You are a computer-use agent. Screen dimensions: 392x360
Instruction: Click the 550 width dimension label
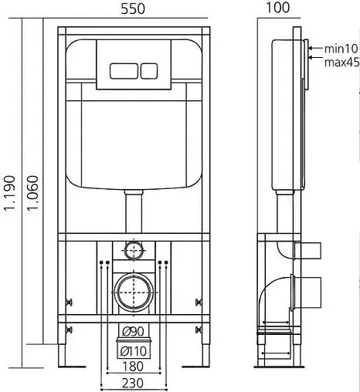(x=136, y=9)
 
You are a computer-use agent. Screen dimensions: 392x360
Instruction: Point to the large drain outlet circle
(x=135, y=292)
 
